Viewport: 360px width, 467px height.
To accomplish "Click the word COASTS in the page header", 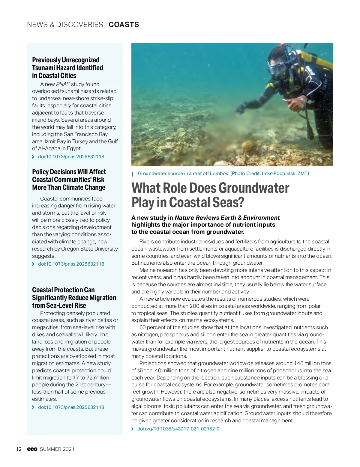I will [124, 25].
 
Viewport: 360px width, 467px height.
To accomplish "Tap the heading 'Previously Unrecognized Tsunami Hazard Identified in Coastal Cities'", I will [67, 68].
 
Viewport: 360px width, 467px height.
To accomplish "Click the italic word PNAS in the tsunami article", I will [63, 84].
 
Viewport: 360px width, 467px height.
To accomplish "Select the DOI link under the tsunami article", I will [71, 157].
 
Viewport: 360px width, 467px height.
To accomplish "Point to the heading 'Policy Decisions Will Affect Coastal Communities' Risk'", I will [69, 180].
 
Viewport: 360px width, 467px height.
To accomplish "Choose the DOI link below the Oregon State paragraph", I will [71, 264].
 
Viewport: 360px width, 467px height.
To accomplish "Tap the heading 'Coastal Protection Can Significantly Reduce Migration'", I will [74, 298].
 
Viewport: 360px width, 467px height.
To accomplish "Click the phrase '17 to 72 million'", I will [91, 378].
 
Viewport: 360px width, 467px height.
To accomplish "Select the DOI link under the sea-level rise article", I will [71, 407].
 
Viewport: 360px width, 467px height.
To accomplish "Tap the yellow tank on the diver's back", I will [318, 60].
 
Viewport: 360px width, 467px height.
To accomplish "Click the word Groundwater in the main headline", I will [254, 188].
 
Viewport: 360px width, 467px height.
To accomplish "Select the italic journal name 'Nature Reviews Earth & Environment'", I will [227, 218].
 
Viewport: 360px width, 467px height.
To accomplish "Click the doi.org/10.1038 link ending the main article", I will [178, 429].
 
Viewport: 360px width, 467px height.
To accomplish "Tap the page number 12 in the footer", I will [19, 449].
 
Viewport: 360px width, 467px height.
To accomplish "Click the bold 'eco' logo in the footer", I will [32, 449].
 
